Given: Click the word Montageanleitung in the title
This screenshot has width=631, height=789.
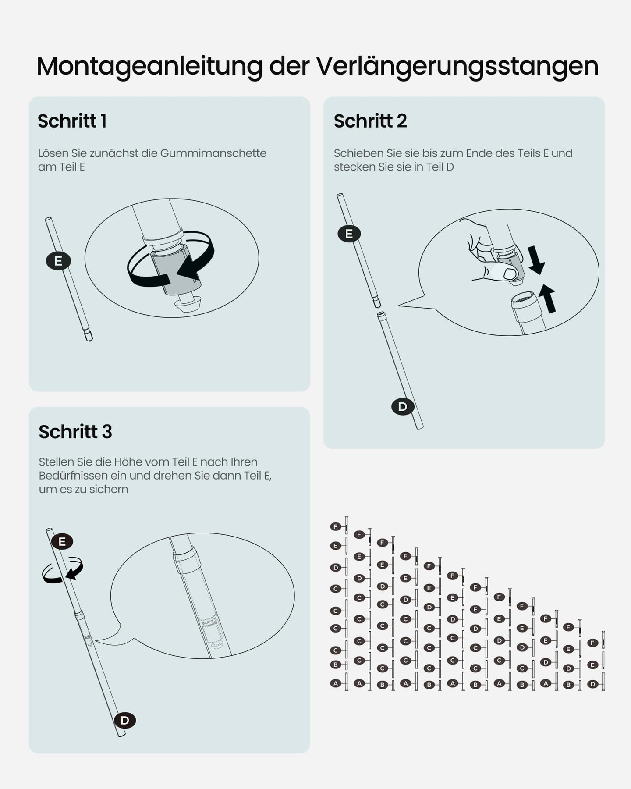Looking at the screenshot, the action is pos(149,67).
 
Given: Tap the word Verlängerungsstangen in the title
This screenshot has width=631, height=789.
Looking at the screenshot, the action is pos(457,67).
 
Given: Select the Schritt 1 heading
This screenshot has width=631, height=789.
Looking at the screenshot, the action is pos(72,121).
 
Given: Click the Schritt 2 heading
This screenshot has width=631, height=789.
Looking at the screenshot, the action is pos(370,121).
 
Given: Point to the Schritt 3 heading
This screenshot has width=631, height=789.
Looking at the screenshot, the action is pos(75,432).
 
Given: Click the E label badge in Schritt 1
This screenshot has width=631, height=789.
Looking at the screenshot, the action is pos(58,261).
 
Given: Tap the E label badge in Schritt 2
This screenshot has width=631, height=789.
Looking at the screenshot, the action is pos(349,234).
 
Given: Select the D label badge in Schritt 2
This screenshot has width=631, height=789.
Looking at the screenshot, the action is pos(403,407).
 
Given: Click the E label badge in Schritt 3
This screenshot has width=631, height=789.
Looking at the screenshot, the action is pos(62,541).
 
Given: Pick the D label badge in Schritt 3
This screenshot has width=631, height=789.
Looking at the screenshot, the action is pos(125,720).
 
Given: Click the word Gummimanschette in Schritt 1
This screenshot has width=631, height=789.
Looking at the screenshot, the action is pos(213,153).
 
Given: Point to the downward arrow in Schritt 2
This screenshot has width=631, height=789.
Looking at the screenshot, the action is pos(535,260).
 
